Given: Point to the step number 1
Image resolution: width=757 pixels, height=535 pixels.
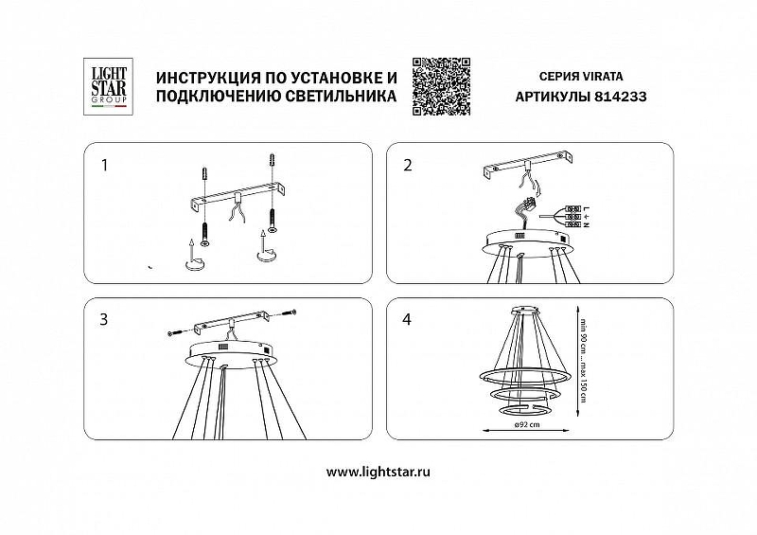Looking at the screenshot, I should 104,165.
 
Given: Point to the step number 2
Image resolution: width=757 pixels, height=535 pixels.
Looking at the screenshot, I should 408,165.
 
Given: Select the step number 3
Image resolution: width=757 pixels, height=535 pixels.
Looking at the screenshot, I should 104,320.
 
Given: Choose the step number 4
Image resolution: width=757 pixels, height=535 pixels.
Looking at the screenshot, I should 408,320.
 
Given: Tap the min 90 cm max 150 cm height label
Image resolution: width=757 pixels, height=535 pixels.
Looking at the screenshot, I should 586,355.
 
